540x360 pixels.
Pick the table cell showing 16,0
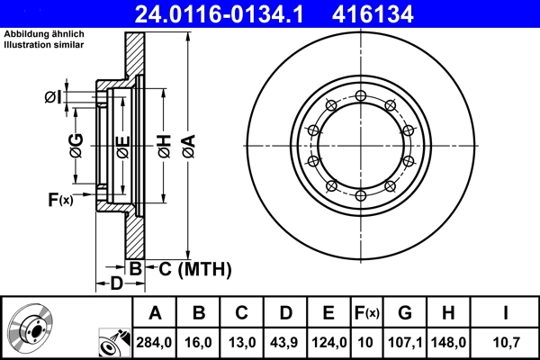click(199, 342)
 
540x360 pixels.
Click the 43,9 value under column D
click(285, 342)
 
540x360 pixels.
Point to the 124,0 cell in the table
click(329, 342)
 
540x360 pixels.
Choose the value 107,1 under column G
click(405, 342)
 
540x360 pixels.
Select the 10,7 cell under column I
click(507, 342)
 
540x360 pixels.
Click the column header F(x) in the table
click(366, 313)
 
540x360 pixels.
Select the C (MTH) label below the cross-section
click(190, 268)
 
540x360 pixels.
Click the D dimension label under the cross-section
click(115, 284)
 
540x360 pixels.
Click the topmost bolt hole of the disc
click(360, 95)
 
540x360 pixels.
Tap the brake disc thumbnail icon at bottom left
click(29, 328)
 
